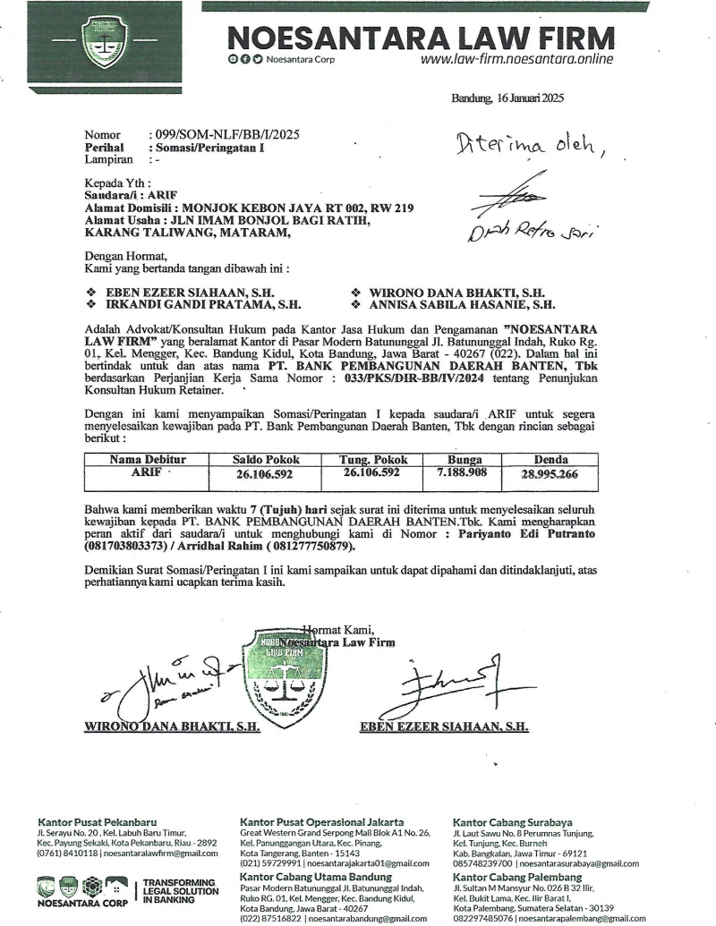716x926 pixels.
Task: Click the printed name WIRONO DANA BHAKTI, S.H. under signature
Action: pyautogui.click(x=172, y=726)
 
